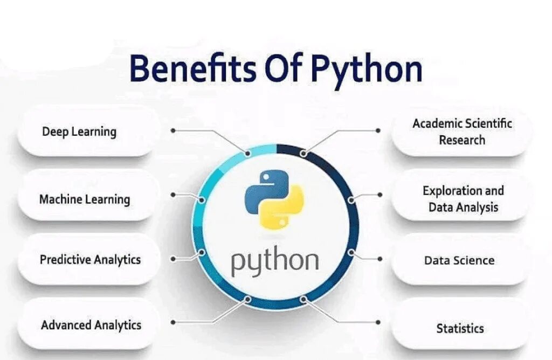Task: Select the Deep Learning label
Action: point(79,131)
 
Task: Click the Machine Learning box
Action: point(85,199)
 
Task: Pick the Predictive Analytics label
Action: point(90,259)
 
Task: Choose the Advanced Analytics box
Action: point(91,325)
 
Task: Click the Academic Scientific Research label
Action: point(462,131)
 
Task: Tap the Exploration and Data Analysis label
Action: point(463,199)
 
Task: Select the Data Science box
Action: point(459,260)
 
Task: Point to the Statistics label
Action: point(460,328)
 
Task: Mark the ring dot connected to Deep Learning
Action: point(248,153)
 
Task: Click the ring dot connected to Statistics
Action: point(303,299)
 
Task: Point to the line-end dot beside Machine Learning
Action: point(173,193)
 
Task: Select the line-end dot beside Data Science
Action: point(379,259)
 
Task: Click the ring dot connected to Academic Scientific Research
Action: point(303,154)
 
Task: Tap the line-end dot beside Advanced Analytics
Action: point(173,322)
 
